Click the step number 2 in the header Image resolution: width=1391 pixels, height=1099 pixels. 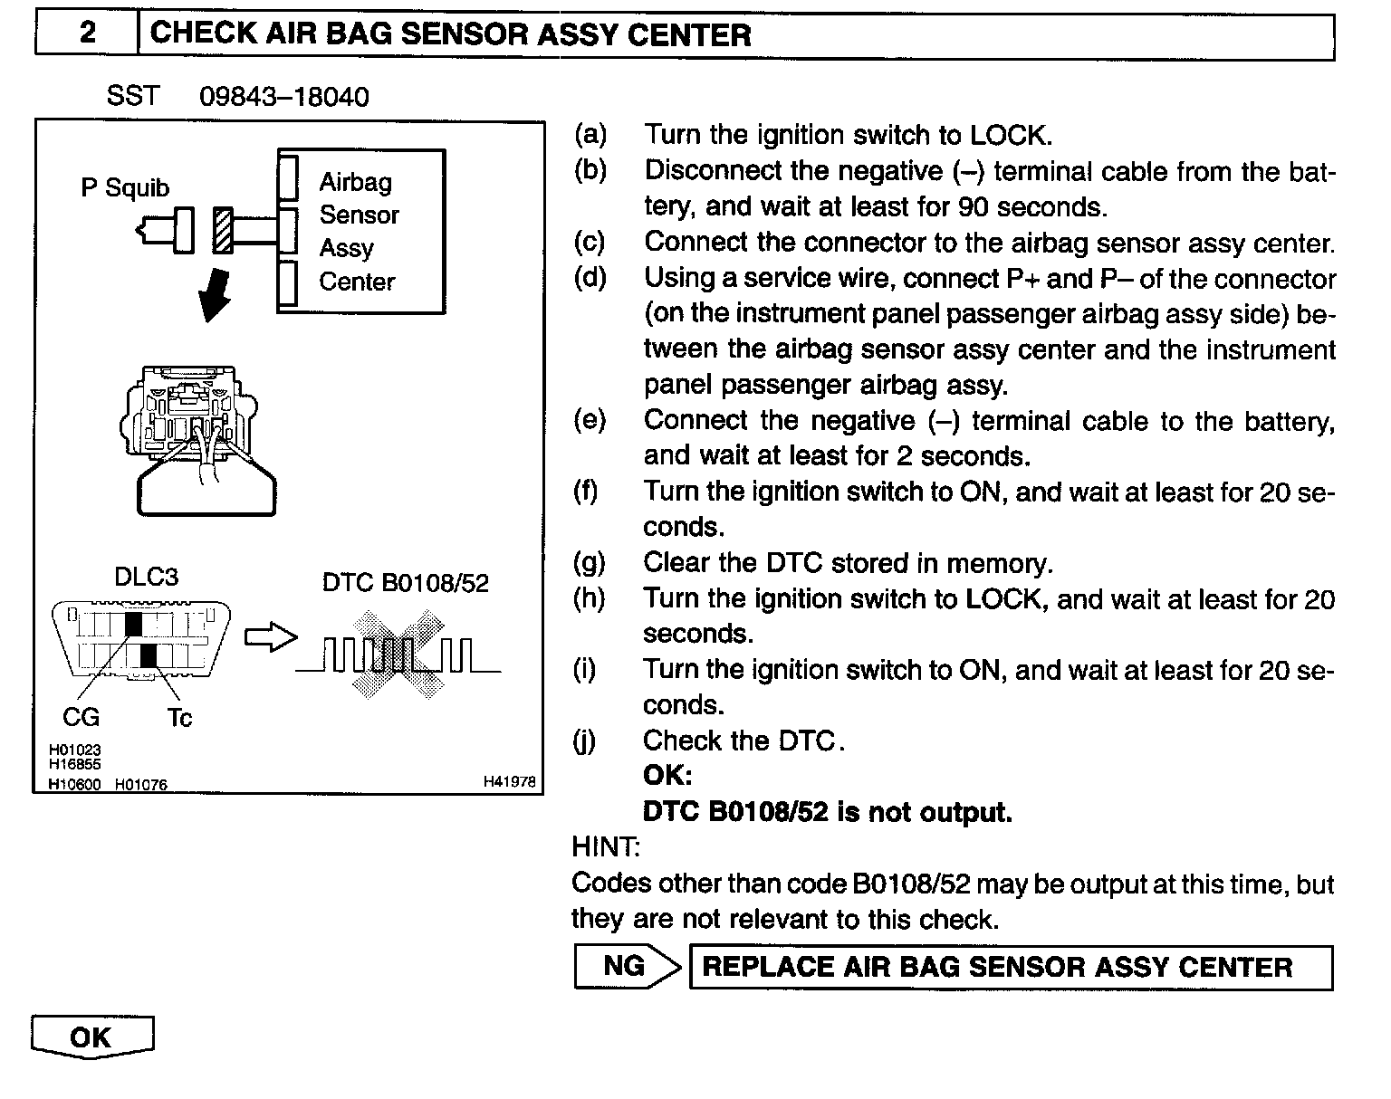click(87, 33)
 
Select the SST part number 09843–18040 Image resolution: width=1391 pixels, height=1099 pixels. click(283, 97)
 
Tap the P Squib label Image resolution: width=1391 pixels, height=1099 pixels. click(125, 187)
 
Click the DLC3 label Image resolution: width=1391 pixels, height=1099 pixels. click(146, 578)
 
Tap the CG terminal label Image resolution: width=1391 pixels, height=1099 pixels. click(81, 717)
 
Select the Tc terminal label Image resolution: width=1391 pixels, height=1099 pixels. click(179, 718)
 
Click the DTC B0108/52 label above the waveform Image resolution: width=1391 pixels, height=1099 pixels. click(405, 582)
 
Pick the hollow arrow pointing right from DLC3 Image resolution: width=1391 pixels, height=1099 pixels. click(271, 637)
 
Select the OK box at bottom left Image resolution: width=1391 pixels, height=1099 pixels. click(91, 1037)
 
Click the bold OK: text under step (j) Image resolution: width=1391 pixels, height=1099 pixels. click(667, 776)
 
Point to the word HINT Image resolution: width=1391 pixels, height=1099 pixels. click(605, 847)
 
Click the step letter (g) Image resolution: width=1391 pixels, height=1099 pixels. click(590, 563)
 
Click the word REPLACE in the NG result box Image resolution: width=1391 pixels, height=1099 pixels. click(769, 967)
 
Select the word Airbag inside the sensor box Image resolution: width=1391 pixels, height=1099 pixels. click(355, 182)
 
